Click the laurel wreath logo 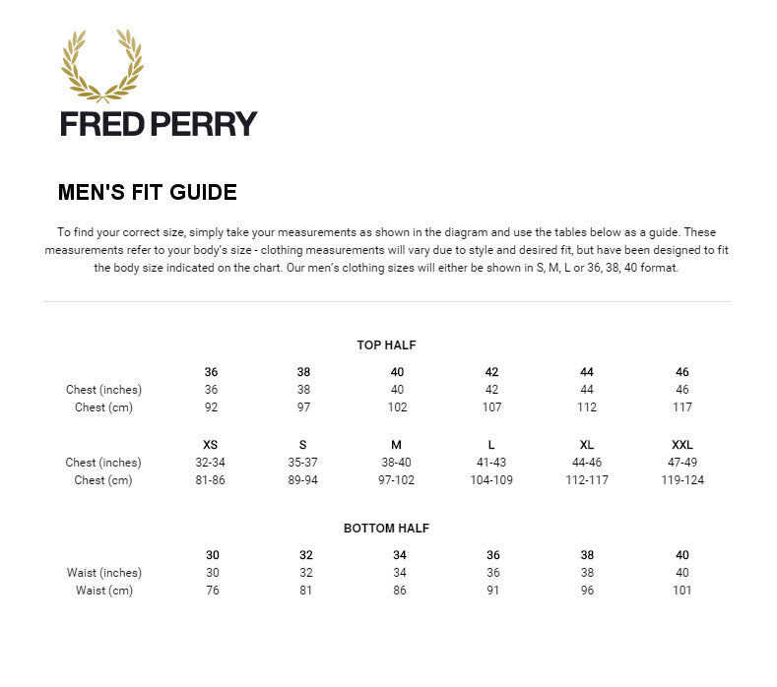(102, 65)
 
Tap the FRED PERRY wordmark (159, 124)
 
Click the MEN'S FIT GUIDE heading (148, 193)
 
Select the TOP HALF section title (387, 345)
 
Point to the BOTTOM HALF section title (387, 529)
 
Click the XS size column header (211, 445)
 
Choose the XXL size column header (682, 445)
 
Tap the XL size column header (587, 445)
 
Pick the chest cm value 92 (211, 407)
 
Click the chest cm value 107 (492, 407)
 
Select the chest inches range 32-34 (211, 463)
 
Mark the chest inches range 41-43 (492, 463)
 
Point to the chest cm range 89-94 (303, 480)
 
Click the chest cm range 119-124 (682, 480)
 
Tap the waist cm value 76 (213, 591)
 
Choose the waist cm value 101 (682, 591)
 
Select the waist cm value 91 (492, 591)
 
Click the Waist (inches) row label (104, 573)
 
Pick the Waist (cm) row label (104, 591)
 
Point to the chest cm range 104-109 (492, 480)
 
